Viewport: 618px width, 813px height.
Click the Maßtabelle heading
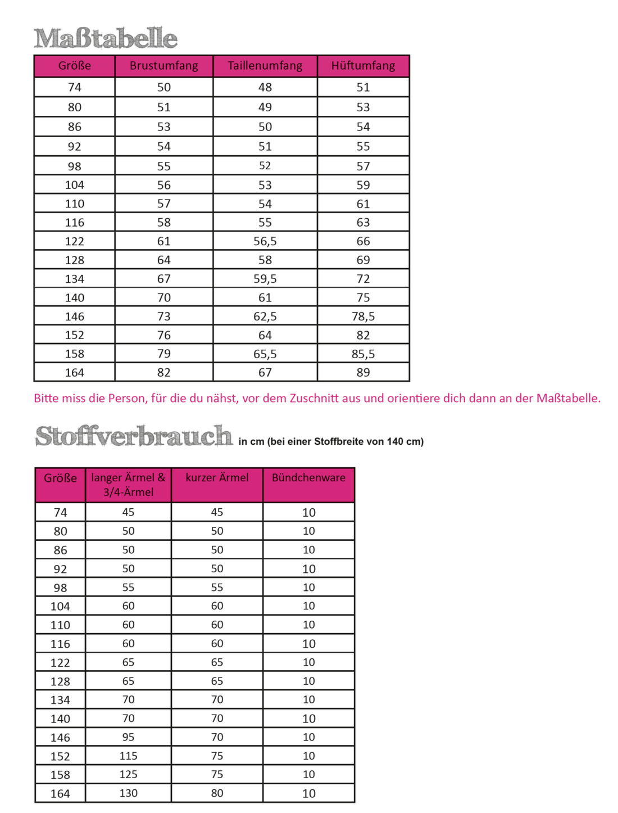pyautogui.click(x=106, y=38)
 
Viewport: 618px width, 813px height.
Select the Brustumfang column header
pyautogui.click(x=163, y=66)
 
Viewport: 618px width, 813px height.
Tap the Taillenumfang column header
pyautogui.click(x=265, y=66)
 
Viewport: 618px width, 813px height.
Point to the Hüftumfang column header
pyautogui.click(x=363, y=66)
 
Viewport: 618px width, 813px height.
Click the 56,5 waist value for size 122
pyautogui.click(x=265, y=241)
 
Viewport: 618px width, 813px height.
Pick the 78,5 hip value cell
pyautogui.click(x=363, y=317)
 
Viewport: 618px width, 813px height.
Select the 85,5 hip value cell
pyautogui.click(x=363, y=354)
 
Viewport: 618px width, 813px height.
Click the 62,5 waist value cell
pyautogui.click(x=265, y=317)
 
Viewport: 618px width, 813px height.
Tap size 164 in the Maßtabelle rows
pyautogui.click(x=74, y=373)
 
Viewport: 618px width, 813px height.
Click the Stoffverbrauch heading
pyautogui.click(x=134, y=436)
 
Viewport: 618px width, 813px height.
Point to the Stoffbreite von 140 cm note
pyautogui.click(x=331, y=442)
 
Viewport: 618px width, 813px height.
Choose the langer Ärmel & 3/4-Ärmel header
pyautogui.click(x=128, y=485)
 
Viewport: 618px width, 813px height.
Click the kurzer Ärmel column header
pyautogui.click(x=217, y=478)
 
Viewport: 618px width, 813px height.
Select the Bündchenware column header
pyautogui.click(x=308, y=478)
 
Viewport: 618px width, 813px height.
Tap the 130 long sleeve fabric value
pyautogui.click(x=128, y=793)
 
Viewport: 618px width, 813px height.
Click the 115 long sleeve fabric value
pyautogui.click(x=128, y=756)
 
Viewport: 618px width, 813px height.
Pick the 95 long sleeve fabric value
pyautogui.click(x=128, y=737)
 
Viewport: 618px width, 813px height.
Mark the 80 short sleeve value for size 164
pyautogui.click(x=217, y=793)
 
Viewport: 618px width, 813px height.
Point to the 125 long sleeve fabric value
pyautogui.click(x=128, y=775)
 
